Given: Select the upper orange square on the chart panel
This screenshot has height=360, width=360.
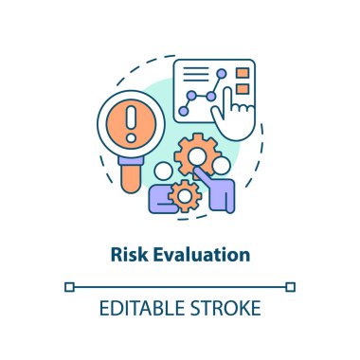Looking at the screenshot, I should click(x=243, y=73).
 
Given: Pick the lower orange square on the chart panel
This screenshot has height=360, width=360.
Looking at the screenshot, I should click(x=243, y=91).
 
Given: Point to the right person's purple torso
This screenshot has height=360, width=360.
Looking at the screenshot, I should click(x=222, y=193).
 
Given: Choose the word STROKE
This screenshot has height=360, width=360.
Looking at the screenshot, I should click(x=226, y=310).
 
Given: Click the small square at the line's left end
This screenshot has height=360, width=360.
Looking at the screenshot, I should click(x=69, y=285).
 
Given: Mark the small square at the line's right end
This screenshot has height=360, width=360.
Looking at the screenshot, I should click(x=291, y=285).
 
